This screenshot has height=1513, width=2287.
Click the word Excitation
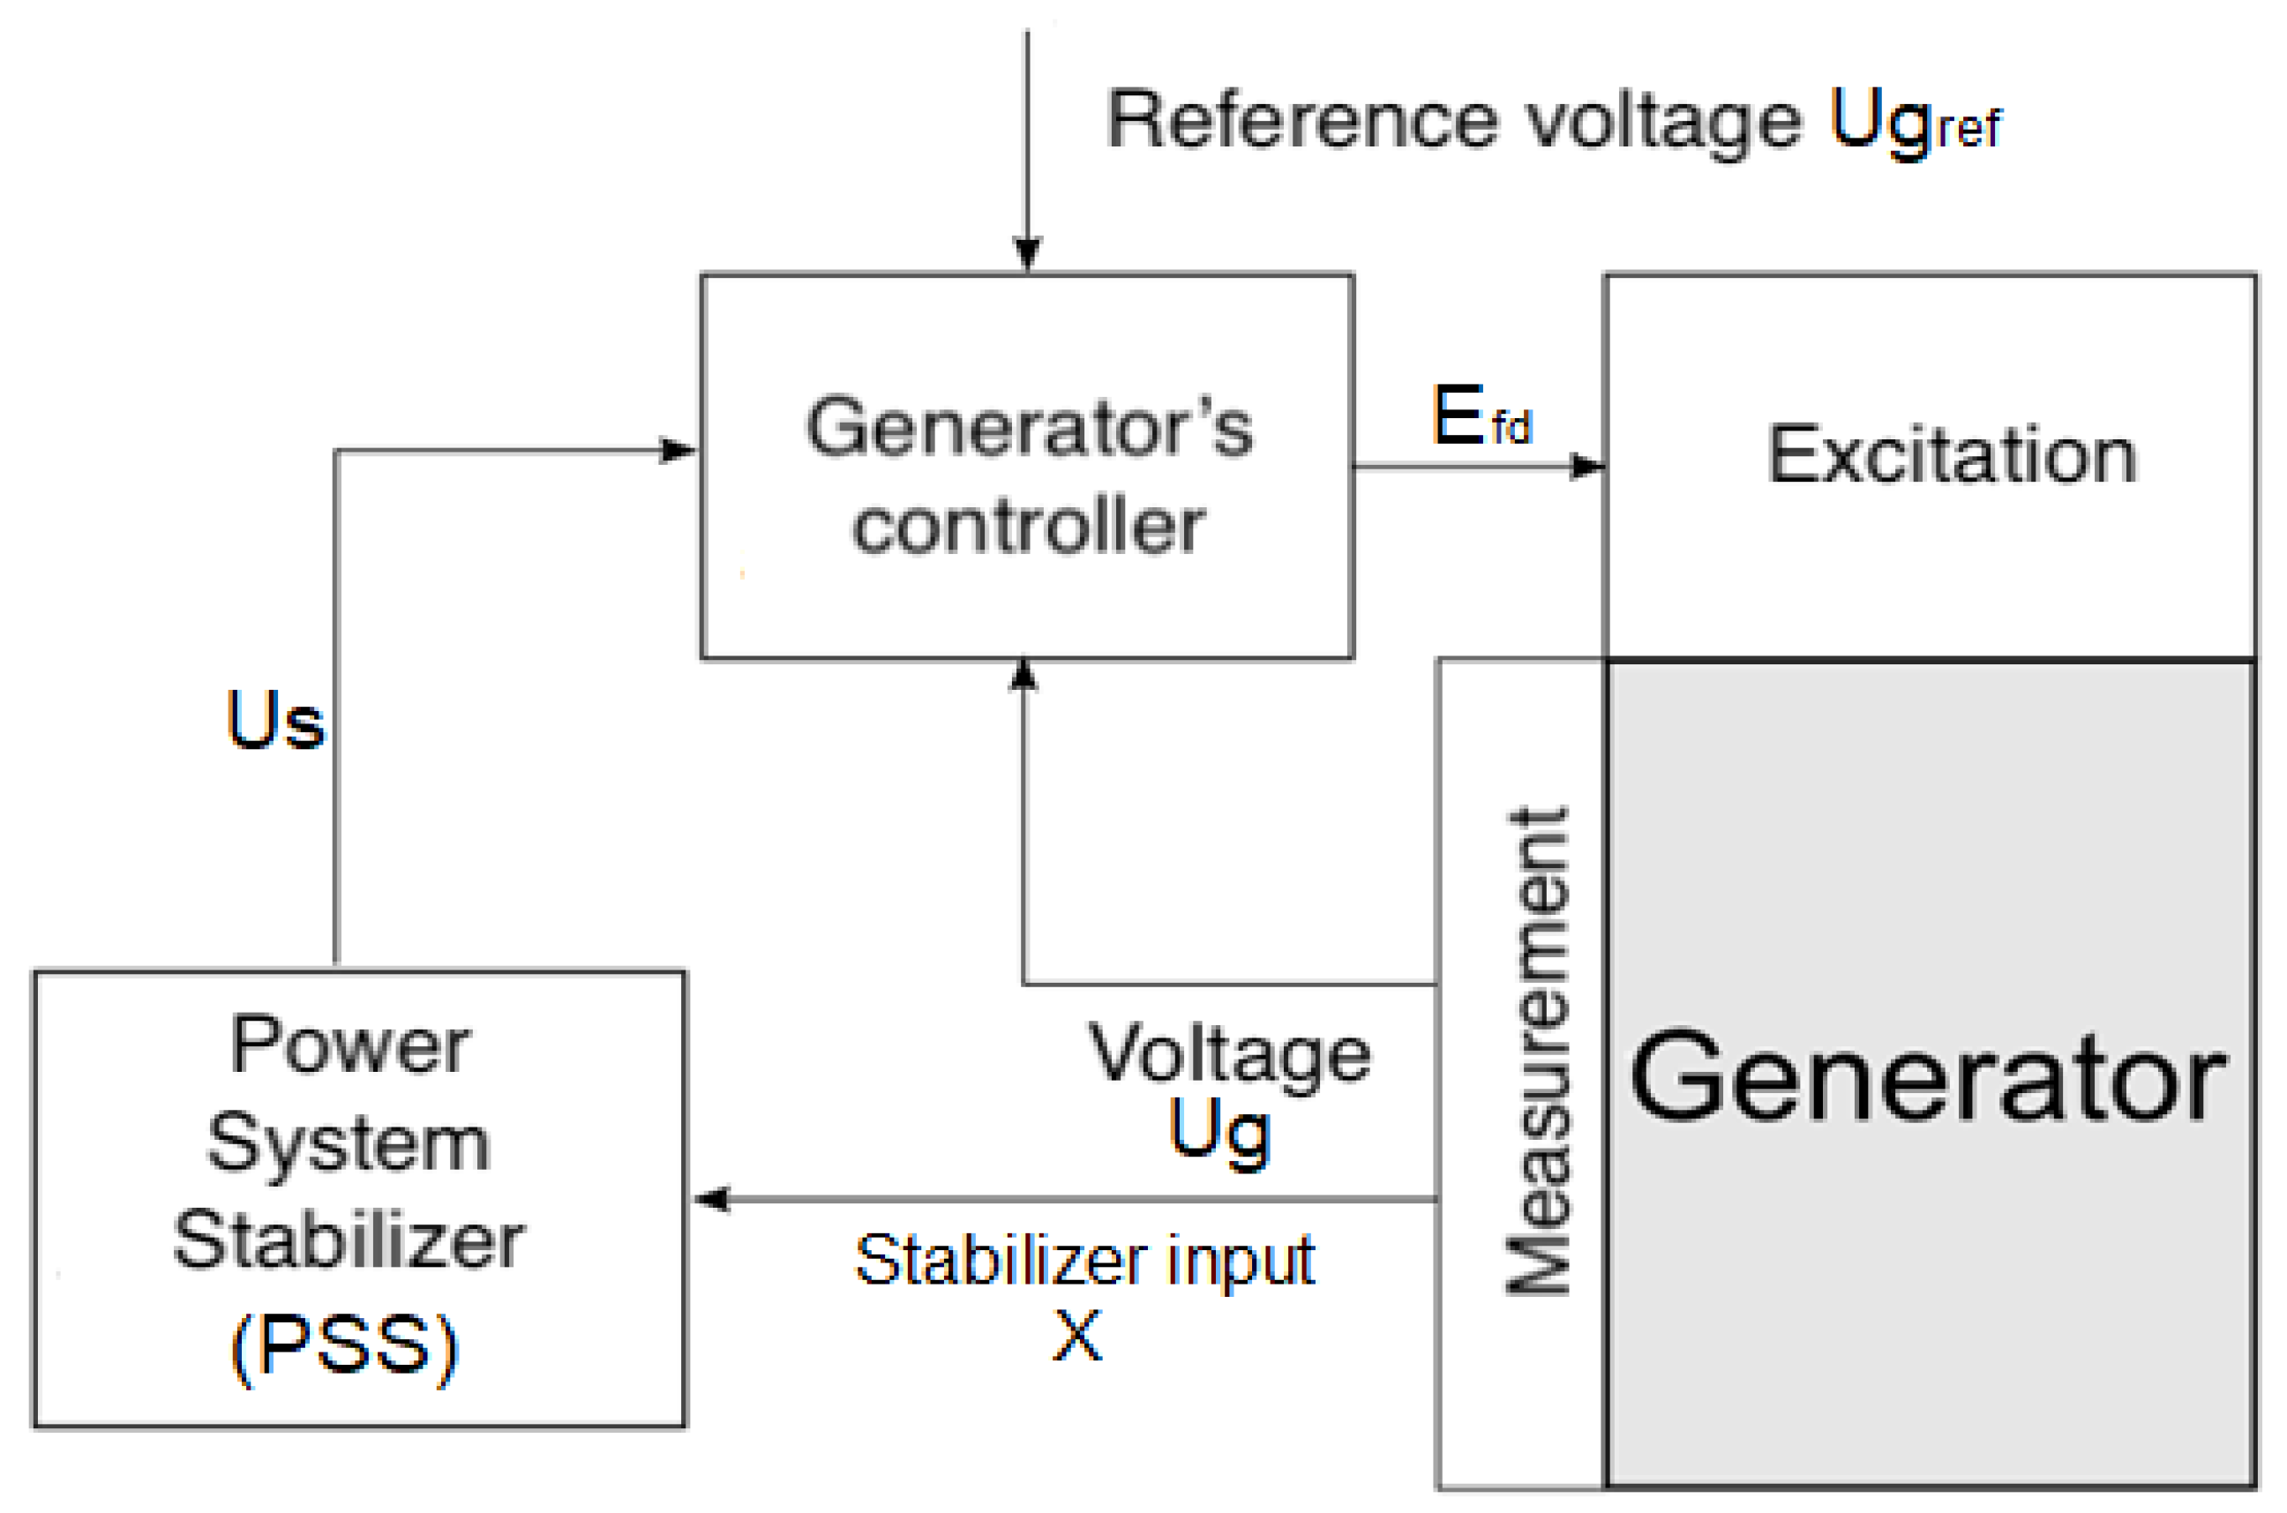click(1950, 454)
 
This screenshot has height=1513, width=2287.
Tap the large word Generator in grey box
click(1928, 1077)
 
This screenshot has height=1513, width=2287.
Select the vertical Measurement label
click(1538, 1049)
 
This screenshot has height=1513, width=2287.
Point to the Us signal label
click(275, 721)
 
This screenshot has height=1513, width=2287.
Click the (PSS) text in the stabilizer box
click(344, 1347)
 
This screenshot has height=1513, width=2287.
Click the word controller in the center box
click(1029, 527)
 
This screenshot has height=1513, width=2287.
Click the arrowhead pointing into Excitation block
click(1587, 467)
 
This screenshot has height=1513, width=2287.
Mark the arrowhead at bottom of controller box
click(1023, 677)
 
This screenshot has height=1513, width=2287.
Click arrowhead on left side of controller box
click(678, 451)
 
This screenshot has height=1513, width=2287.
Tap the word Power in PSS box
click(349, 1045)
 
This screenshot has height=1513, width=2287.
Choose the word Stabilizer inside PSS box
click(349, 1241)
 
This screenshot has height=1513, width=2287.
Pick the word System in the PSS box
click(349, 1144)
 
